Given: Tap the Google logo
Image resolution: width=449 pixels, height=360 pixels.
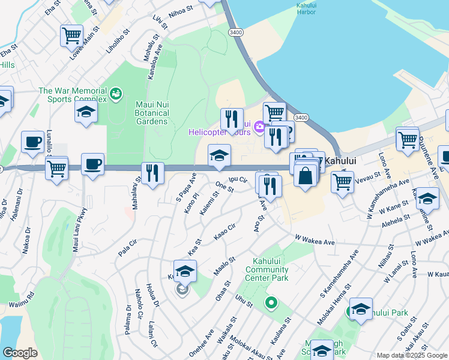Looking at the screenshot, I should click(20, 353).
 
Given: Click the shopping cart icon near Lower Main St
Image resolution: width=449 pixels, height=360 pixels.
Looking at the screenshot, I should click(72, 35).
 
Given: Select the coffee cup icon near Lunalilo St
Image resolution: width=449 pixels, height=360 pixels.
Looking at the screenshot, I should click(32, 142).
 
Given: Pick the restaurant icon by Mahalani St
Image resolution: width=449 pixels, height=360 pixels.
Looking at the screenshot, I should click(152, 173).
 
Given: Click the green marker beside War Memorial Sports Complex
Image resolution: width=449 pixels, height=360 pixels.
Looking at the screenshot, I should click(115, 93).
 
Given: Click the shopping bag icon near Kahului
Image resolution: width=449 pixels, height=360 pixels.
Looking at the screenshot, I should click(306, 176).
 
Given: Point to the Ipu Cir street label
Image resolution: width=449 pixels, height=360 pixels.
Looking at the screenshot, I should click(239, 179).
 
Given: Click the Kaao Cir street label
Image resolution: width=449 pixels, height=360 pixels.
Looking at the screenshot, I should click(224, 229).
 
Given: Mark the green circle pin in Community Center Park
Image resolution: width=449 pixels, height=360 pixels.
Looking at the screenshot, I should click(271, 303).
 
